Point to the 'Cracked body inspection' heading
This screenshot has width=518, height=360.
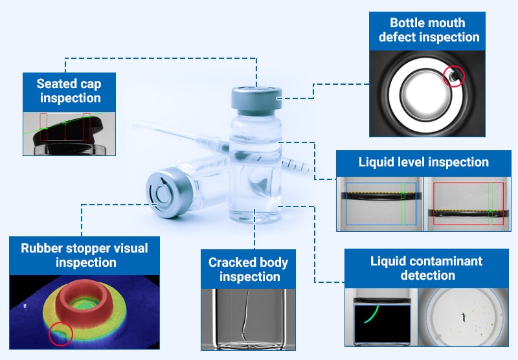(248, 269)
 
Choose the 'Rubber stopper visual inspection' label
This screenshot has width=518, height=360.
(85, 255)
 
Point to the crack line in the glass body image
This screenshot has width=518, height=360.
(246, 317)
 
